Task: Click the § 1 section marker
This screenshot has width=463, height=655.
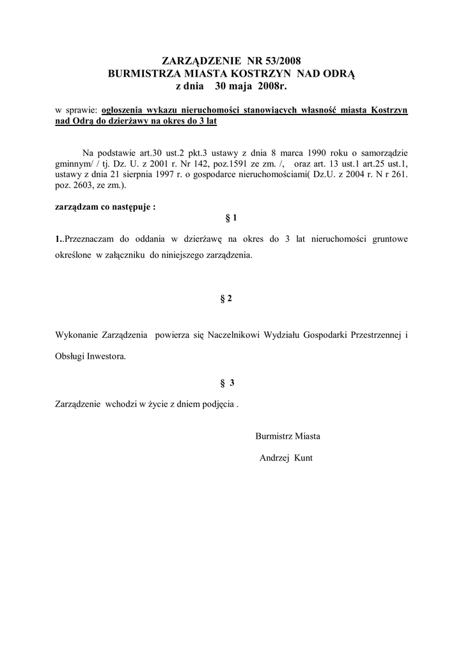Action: (231, 218)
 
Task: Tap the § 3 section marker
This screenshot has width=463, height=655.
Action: (228, 383)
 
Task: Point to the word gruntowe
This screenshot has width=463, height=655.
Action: (388, 239)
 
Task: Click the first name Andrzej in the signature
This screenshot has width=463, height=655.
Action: (274, 458)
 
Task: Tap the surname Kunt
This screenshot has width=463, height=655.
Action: (303, 458)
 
